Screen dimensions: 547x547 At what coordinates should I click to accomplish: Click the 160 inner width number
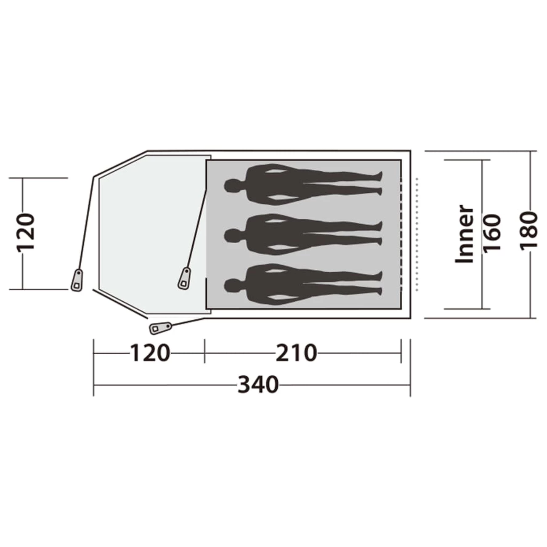pos(492,234)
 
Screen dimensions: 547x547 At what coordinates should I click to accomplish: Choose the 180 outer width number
pos(529,231)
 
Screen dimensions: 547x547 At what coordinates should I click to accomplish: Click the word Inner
pos(465,234)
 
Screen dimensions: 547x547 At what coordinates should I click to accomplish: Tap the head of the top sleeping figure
pos(233,186)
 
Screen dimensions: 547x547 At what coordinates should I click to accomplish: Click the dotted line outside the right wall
pos(417,234)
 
